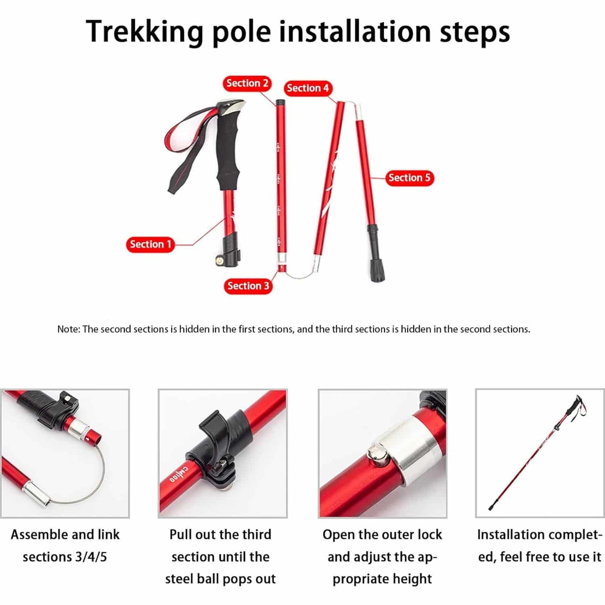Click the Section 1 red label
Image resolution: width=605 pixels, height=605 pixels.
coord(150,245)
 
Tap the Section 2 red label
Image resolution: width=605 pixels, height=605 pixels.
coord(247,83)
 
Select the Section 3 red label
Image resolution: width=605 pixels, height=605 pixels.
coord(248,286)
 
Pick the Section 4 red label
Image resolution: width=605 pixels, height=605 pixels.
coord(308,88)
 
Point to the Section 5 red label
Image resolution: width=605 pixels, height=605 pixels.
coord(409,178)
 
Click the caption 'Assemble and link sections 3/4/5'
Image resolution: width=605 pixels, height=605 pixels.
coord(65,546)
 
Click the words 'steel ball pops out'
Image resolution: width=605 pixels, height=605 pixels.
coord(220,579)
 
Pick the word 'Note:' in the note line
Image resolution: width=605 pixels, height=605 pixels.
coord(68,329)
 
